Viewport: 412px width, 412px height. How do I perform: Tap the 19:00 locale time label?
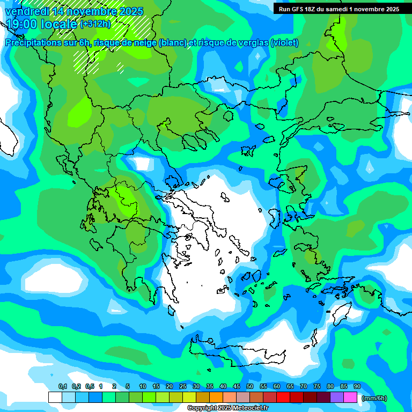coord(42,24)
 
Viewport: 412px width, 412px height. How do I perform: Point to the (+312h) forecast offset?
coord(95,24)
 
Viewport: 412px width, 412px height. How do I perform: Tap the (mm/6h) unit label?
coord(374,398)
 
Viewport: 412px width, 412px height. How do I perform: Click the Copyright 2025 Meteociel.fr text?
coord(227,408)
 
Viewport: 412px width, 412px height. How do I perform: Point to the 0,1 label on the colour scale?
coord(62,386)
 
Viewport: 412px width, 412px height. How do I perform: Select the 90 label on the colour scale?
coord(357,386)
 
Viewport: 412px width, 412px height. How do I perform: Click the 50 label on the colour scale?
coord(250,386)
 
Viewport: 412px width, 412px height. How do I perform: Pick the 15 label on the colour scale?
coord(156,386)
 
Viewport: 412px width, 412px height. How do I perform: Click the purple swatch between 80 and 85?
coord(337,397)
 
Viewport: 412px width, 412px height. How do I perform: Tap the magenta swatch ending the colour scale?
coord(350,397)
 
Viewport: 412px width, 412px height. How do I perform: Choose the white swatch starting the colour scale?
coord(55,397)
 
